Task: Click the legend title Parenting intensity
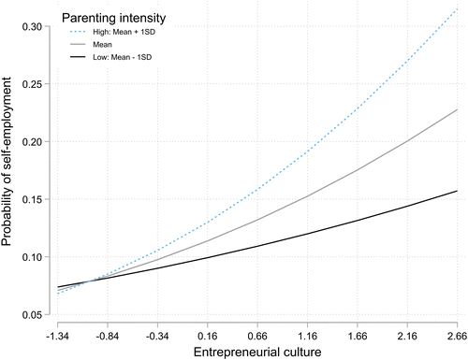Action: pyautogui.click(x=113, y=19)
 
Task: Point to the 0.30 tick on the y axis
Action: pyautogui.click(x=32, y=27)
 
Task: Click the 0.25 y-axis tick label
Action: pyautogui.click(x=32, y=84)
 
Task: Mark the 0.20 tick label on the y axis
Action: pyautogui.click(x=32, y=142)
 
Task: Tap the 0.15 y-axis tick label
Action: pyautogui.click(x=32, y=199)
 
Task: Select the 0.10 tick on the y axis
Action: pyautogui.click(x=32, y=257)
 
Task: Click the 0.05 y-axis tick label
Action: pyautogui.click(x=32, y=315)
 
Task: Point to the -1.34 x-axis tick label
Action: pyautogui.click(x=57, y=337)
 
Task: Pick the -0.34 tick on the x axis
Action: pyautogui.click(x=157, y=337)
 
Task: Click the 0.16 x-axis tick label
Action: pyautogui.click(x=208, y=337)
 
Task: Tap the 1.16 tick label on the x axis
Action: pyautogui.click(x=307, y=337)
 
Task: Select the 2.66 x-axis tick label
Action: pyautogui.click(x=457, y=337)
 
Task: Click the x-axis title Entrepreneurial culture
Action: pyautogui.click(x=257, y=353)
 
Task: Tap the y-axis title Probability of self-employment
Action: pyautogui.click(x=7, y=162)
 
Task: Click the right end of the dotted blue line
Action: pyautogui.click(x=457, y=9)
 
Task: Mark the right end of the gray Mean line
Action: pyautogui.click(x=457, y=109)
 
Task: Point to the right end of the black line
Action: pyautogui.click(x=457, y=191)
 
